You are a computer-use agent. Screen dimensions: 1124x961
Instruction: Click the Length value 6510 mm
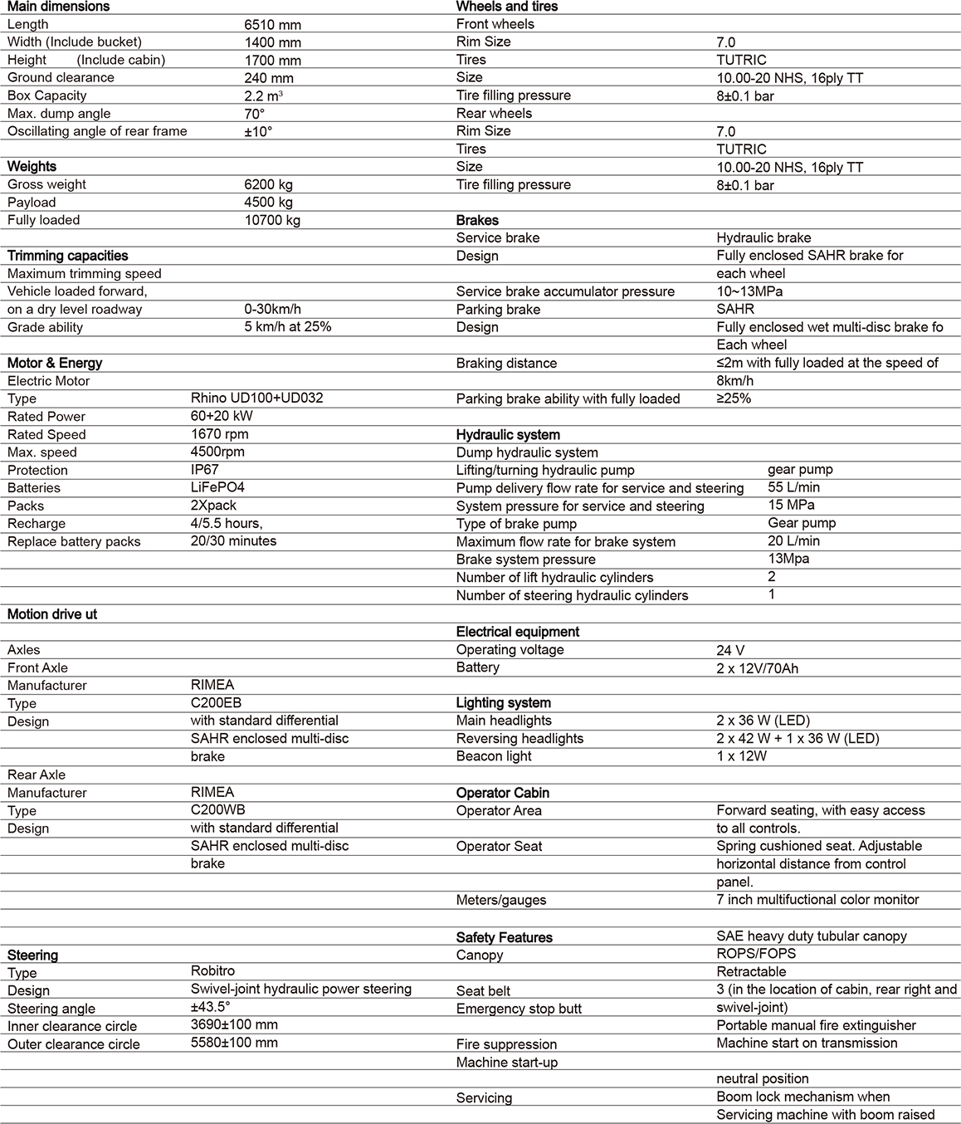272,24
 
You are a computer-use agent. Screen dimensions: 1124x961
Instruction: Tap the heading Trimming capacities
67,256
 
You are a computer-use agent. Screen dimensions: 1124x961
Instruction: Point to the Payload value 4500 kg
268,202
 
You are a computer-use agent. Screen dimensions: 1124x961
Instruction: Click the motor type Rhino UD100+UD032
256,398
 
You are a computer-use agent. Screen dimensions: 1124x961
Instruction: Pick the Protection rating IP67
205,470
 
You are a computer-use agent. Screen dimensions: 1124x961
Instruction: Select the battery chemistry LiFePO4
217,487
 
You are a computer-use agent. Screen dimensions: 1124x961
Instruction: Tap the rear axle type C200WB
217,810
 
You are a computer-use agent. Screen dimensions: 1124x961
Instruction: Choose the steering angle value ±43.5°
210,1007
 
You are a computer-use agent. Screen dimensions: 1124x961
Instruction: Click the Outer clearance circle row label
74,1044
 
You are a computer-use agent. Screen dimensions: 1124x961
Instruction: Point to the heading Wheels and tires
507,7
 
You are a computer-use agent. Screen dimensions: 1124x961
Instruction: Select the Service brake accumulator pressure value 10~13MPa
749,291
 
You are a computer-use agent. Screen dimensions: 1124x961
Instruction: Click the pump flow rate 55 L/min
793,487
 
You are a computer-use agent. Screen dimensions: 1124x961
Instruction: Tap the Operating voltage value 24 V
733,650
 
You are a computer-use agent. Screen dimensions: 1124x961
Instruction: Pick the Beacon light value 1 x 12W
741,756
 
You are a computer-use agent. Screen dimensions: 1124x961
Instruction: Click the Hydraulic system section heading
508,435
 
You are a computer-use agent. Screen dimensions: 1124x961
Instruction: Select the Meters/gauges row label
501,900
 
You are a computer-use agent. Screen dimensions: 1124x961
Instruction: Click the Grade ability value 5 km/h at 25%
287,327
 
